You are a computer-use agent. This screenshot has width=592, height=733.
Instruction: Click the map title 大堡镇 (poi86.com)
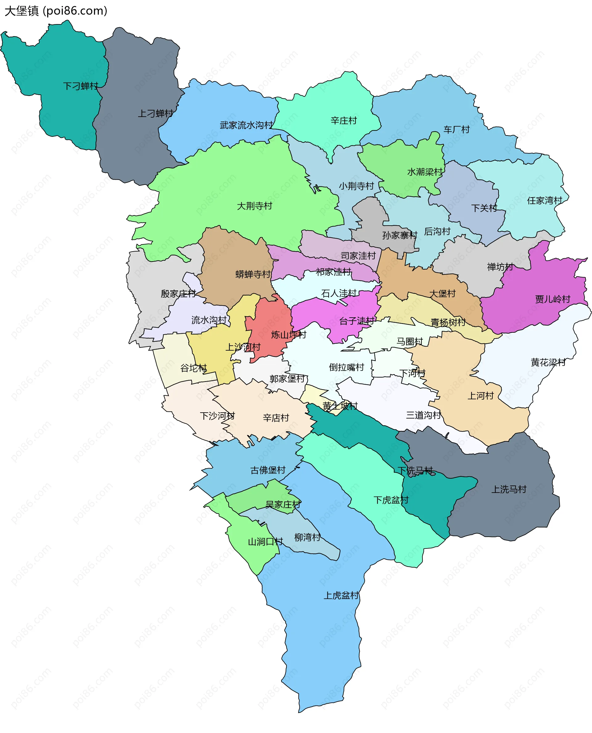[56, 11]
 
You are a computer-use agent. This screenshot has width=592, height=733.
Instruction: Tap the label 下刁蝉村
[80, 86]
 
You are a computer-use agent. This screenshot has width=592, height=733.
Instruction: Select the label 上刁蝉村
[155, 113]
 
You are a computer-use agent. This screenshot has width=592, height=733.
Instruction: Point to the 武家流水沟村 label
[246, 125]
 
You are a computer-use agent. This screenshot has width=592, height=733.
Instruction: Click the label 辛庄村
[343, 120]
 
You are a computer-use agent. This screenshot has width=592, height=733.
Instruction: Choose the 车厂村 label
[456, 129]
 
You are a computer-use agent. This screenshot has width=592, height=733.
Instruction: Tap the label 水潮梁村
[425, 172]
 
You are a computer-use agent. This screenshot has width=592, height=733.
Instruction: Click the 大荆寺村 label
[254, 206]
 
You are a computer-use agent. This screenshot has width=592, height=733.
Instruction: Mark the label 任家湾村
[544, 200]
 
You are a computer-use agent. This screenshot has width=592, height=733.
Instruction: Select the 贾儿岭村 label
[553, 299]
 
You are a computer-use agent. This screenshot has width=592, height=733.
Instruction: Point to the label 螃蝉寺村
[253, 274]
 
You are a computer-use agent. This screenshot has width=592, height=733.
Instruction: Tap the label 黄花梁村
[548, 362]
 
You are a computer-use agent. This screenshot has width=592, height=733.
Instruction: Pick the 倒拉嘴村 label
[346, 367]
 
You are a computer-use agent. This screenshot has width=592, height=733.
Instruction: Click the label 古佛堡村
[268, 470]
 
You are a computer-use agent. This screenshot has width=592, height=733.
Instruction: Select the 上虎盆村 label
[341, 595]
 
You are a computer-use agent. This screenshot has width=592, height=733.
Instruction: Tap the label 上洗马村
[509, 489]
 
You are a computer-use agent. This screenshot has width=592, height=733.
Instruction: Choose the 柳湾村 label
[307, 537]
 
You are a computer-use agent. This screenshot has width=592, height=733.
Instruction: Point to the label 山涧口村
[265, 542]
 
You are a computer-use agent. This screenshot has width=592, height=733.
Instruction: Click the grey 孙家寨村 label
[400, 235]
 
